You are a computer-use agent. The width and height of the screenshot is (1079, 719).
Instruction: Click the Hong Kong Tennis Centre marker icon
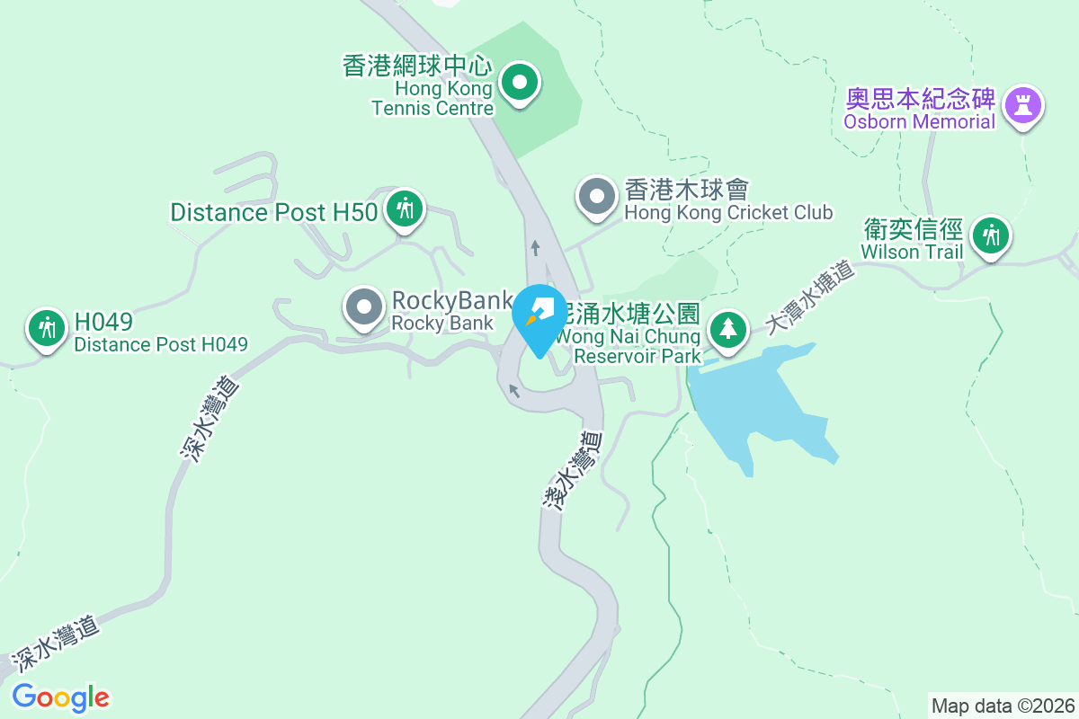[519, 84]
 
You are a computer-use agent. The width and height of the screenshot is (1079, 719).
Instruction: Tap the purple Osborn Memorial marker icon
[1022, 104]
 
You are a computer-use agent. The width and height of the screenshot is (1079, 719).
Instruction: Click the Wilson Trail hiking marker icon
[991, 235]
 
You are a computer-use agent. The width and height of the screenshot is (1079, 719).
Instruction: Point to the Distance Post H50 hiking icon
[405, 209]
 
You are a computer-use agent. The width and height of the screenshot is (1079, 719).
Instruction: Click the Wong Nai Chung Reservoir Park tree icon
[727, 329]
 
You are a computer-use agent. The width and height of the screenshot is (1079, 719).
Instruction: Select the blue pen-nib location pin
[539, 316]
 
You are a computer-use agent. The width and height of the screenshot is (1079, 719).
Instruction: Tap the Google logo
[60, 697]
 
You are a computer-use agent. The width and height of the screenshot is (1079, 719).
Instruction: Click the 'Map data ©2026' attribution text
[1003, 706]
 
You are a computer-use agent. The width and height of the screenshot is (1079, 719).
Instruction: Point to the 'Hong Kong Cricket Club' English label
[728, 213]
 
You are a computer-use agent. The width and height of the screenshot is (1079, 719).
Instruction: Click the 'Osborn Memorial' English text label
[920, 121]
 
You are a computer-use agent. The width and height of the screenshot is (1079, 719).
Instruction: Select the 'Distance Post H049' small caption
[160, 344]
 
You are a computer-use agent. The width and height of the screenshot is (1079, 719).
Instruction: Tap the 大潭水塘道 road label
[809, 297]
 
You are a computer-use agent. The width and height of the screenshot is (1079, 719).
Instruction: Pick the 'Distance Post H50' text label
[273, 212]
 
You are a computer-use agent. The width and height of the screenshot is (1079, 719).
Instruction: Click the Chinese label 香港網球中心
[418, 66]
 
